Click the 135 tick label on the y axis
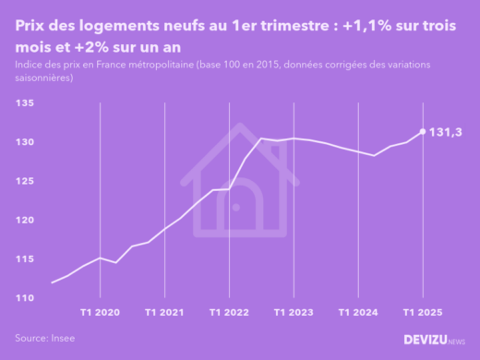pyautogui.click(x=25, y=103)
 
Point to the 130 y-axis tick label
pyautogui.click(x=25, y=142)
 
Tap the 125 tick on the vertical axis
pyautogui.click(x=25, y=181)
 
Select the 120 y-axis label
pyautogui.click(x=25, y=220)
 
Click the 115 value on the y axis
pyautogui.click(x=25, y=258)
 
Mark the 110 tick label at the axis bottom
pyautogui.click(x=25, y=297)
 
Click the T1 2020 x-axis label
pyautogui.click(x=100, y=313)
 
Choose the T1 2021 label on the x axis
pyautogui.click(x=164, y=313)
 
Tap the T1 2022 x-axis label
pyautogui.click(x=229, y=313)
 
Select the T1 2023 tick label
pyautogui.click(x=294, y=313)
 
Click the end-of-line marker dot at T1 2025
pyautogui.click(x=423, y=131)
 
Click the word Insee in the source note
pyautogui.click(x=62, y=339)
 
